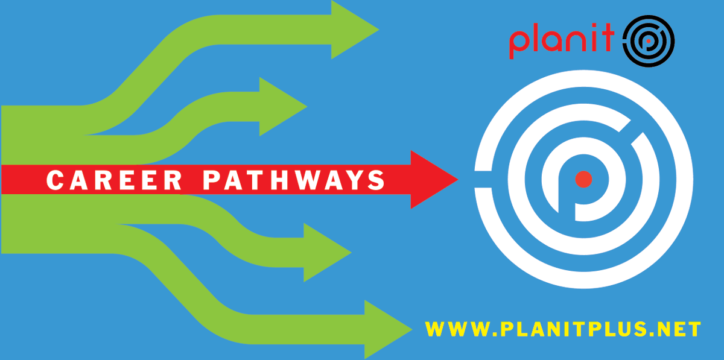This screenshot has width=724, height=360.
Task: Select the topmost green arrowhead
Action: point(354,29)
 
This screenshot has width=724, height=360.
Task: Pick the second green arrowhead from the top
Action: point(281,107)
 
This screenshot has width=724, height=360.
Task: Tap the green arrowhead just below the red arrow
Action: point(326,252)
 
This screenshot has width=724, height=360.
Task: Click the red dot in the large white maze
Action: point(583,179)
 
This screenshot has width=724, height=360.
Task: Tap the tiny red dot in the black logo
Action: point(649,42)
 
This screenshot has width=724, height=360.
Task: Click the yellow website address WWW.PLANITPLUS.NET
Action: point(563,329)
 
